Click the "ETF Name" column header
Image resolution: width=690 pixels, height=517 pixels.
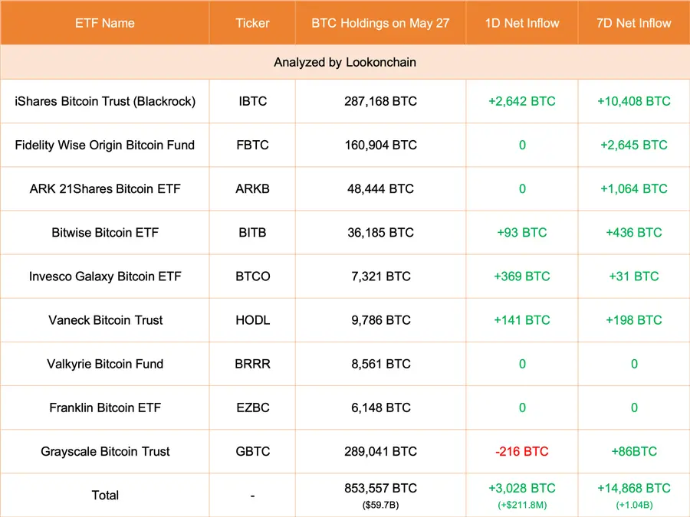[x=105, y=23]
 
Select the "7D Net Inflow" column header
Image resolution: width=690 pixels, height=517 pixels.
[x=634, y=23]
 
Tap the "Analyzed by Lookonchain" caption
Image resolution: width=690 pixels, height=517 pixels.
[x=345, y=63]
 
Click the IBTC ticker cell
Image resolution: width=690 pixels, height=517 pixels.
[x=252, y=101]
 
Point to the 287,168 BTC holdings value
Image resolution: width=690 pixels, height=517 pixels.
[x=380, y=101]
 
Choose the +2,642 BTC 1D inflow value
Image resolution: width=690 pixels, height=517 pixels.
[x=522, y=101]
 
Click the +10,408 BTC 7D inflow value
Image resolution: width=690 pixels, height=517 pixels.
[x=634, y=101]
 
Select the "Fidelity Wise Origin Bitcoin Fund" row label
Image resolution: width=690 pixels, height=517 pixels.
[x=105, y=145]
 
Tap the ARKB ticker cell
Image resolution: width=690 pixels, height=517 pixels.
[x=252, y=188]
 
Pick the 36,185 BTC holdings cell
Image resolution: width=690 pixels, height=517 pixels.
[x=380, y=232]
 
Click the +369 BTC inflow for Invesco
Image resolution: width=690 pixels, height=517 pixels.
[x=522, y=276]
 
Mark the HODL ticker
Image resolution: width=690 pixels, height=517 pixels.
[x=252, y=320]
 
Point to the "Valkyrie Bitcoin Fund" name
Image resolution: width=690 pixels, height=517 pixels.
[x=105, y=364]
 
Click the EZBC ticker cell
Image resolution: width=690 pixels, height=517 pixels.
[x=252, y=407]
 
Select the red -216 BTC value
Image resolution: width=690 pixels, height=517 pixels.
[x=522, y=451]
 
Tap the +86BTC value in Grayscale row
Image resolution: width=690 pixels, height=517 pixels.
[x=634, y=451]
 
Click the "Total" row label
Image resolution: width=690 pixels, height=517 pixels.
[x=105, y=495]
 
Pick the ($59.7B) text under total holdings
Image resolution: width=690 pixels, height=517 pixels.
[x=380, y=505]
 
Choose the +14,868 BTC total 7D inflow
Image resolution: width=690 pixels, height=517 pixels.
[x=634, y=488]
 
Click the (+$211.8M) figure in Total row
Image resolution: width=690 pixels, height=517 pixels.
[x=522, y=505]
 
